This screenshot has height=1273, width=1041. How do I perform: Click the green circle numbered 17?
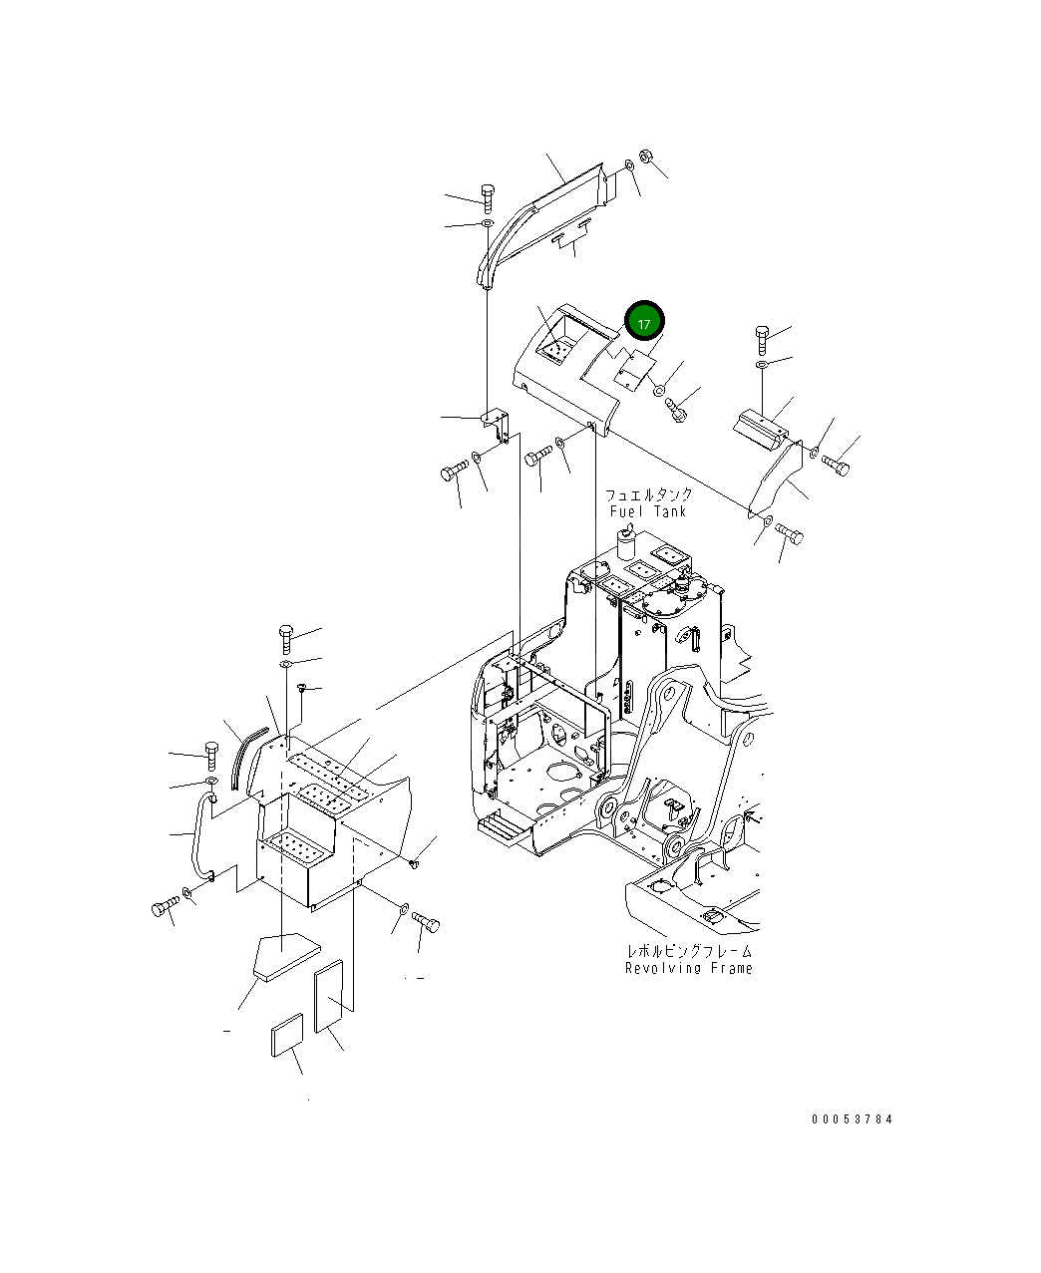(644, 323)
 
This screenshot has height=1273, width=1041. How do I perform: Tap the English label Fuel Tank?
(648, 511)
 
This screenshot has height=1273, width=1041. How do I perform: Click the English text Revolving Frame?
(688, 968)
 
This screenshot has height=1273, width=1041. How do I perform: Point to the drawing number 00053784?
(852, 1118)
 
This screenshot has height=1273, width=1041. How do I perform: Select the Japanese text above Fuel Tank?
(648, 494)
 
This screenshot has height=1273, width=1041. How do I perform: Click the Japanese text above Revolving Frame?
(688, 952)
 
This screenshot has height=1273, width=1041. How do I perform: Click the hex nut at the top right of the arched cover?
(645, 157)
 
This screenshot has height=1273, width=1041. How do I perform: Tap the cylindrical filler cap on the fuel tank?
(626, 544)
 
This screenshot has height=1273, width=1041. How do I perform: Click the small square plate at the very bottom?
(286, 1035)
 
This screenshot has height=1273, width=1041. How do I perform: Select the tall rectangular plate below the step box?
(329, 996)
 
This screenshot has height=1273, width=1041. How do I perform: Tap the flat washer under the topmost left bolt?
(487, 224)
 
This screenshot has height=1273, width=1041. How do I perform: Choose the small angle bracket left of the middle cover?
(496, 424)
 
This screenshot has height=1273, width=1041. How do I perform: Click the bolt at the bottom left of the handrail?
(163, 907)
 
